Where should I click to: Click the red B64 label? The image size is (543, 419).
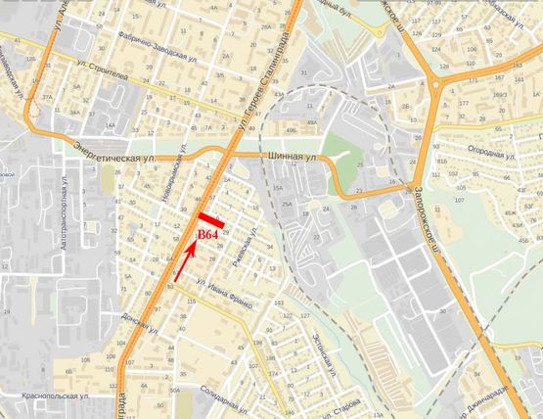click(x=207, y=235)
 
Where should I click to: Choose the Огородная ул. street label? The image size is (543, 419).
click(x=490, y=156)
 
